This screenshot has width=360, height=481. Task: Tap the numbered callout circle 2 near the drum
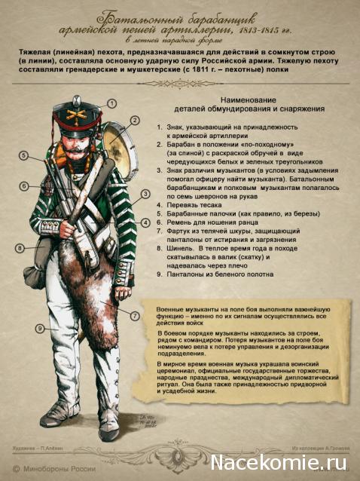(135, 119)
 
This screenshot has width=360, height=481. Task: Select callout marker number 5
(24, 155)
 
